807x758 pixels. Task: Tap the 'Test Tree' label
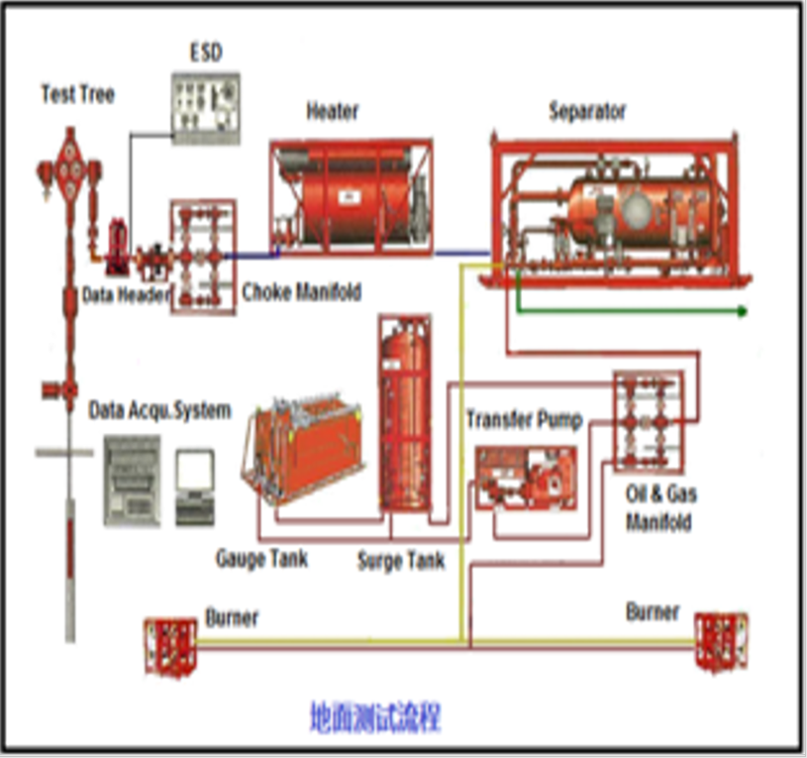click(x=77, y=94)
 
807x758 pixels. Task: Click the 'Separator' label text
click(x=587, y=111)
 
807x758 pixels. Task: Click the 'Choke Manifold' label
click(x=302, y=292)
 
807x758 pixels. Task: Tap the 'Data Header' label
click(x=126, y=295)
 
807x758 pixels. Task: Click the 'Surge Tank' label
click(x=401, y=562)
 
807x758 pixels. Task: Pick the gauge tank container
click(x=307, y=451)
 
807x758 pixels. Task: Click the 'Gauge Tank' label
click(x=261, y=559)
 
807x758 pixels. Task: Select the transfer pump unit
click(x=525, y=478)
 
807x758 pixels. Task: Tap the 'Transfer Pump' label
click(x=524, y=419)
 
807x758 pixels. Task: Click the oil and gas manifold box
click(x=648, y=421)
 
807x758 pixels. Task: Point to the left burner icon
click(x=170, y=645)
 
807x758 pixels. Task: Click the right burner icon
click(x=720, y=642)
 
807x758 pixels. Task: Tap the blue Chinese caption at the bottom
click(x=374, y=715)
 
